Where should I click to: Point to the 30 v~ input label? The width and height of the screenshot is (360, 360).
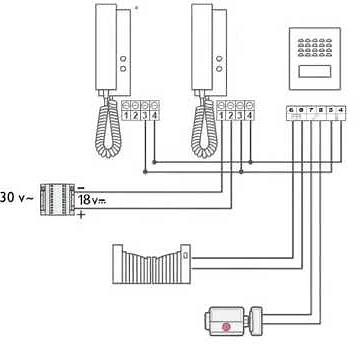tap(15, 197)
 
